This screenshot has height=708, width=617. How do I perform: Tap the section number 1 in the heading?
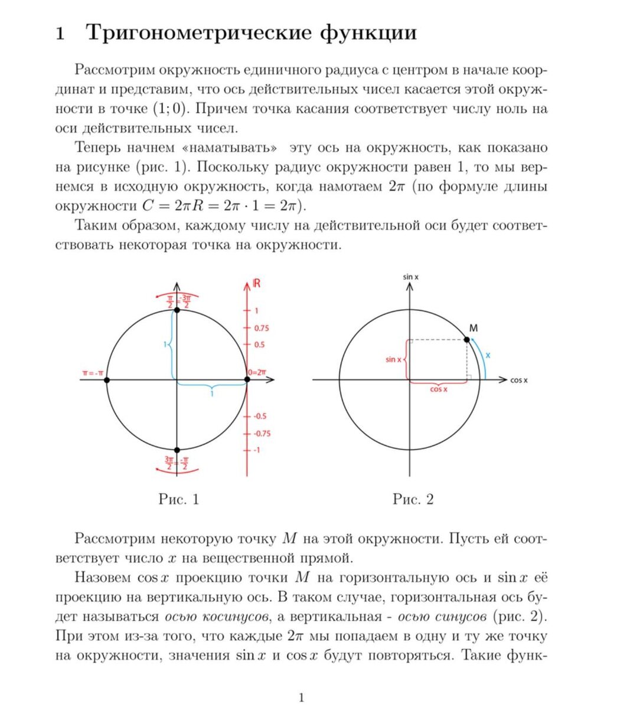pyautogui.click(x=60, y=34)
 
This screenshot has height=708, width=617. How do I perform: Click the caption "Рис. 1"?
pyautogui.click(x=179, y=500)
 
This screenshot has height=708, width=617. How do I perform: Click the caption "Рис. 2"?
pyautogui.click(x=413, y=500)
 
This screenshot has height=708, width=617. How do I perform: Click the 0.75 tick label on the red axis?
pyautogui.click(x=262, y=328)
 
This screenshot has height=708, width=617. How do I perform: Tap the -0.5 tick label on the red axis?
pyautogui.click(x=260, y=416)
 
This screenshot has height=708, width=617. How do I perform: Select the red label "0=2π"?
pyautogui.click(x=257, y=372)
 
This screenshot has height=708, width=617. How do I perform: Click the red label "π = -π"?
pyautogui.click(x=93, y=373)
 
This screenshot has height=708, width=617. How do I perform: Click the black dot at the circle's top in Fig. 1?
pyautogui.click(x=177, y=309)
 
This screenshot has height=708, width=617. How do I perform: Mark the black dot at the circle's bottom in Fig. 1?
pyautogui.click(x=177, y=450)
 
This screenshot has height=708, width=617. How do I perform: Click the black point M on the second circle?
pyautogui.click(x=467, y=339)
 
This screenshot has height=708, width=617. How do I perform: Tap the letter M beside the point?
pyautogui.click(x=474, y=327)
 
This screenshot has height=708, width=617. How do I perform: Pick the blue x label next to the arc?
pyautogui.click(x=488, y=355)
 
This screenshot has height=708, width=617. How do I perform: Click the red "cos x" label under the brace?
pyautogui.click(x=439, y=389)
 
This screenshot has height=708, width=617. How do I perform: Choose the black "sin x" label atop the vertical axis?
pyautogui.click(x=410, y=276)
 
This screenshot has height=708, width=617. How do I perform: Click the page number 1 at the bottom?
pyautogui.click(x=302, y=698)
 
